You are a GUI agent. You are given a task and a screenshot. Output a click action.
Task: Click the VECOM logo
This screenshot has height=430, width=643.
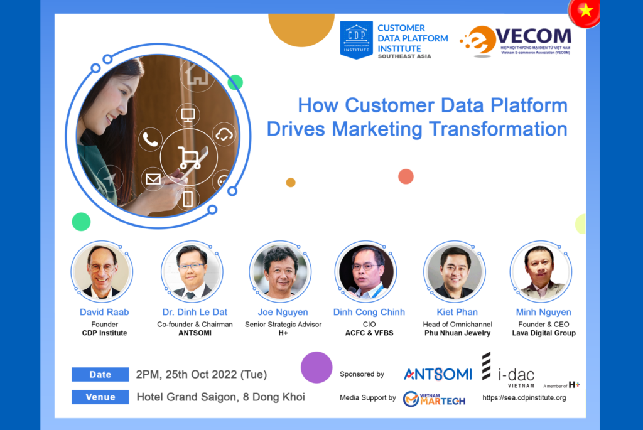[516, 41]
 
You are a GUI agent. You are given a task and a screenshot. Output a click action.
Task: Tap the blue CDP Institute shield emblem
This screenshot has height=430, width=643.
[357, 40]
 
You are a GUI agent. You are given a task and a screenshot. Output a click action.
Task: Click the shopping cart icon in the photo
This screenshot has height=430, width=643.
[189, 158]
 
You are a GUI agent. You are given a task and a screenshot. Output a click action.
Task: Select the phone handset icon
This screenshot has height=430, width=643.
[150, 139]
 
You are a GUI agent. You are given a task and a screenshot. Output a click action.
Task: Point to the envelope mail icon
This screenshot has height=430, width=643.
[153, 179]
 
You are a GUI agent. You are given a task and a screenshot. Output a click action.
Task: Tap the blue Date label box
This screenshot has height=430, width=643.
[100, 374]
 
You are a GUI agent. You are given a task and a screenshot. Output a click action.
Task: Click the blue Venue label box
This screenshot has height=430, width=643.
[100, 397]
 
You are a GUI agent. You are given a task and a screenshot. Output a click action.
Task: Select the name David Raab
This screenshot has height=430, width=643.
[104, 312]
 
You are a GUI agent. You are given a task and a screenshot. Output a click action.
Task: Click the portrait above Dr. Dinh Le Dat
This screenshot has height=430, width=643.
[192, 272]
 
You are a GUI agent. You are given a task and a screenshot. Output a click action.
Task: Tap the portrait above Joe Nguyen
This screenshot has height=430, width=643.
[281, 272]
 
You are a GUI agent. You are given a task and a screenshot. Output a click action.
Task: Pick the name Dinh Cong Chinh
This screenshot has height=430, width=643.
[369, 312]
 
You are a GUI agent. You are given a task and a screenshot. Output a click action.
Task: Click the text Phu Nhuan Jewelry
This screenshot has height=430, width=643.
[457, 333]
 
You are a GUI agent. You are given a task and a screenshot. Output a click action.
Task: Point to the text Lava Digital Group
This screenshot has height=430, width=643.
[544, 333]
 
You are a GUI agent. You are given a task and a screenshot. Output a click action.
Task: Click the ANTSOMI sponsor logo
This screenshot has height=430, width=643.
[438, 374]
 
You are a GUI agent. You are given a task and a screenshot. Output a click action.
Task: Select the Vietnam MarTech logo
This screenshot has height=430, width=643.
[434, 399]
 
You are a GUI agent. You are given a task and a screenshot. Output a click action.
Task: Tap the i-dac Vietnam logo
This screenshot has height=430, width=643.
[509, 370]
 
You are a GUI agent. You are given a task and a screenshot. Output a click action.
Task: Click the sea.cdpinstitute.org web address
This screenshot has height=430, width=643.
[524, 397]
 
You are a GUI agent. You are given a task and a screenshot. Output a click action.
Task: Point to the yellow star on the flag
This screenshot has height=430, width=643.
[586, 10]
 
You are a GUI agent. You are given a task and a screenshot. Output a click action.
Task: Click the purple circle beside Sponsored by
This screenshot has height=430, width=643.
[316, 367]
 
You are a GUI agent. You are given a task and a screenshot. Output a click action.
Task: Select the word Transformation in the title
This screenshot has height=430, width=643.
[498, 129]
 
